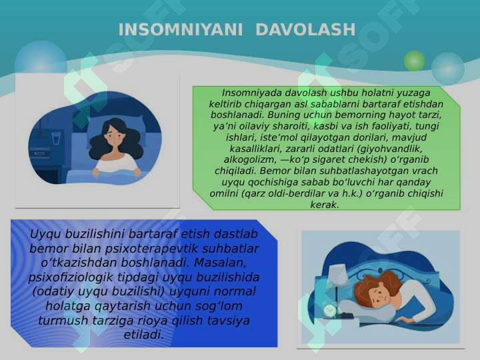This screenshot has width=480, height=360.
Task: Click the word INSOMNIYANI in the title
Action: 180,30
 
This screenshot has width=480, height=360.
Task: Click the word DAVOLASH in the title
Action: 305,30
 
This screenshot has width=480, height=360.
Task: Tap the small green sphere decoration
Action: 414,61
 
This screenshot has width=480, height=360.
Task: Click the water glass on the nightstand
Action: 56,139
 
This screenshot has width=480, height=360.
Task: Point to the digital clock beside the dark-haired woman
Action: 39,153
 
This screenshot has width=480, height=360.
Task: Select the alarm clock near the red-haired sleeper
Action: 330,310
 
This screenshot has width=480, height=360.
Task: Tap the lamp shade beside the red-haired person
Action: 337,274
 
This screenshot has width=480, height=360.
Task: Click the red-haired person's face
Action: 379,294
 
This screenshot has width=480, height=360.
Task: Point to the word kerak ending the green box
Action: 325,205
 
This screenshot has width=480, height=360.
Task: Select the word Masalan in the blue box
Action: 220,263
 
